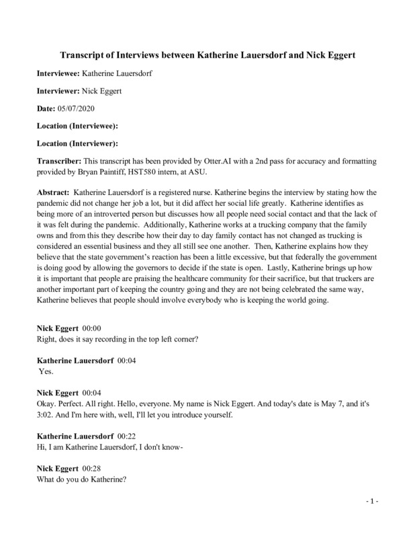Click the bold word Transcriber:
pos(59,161)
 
